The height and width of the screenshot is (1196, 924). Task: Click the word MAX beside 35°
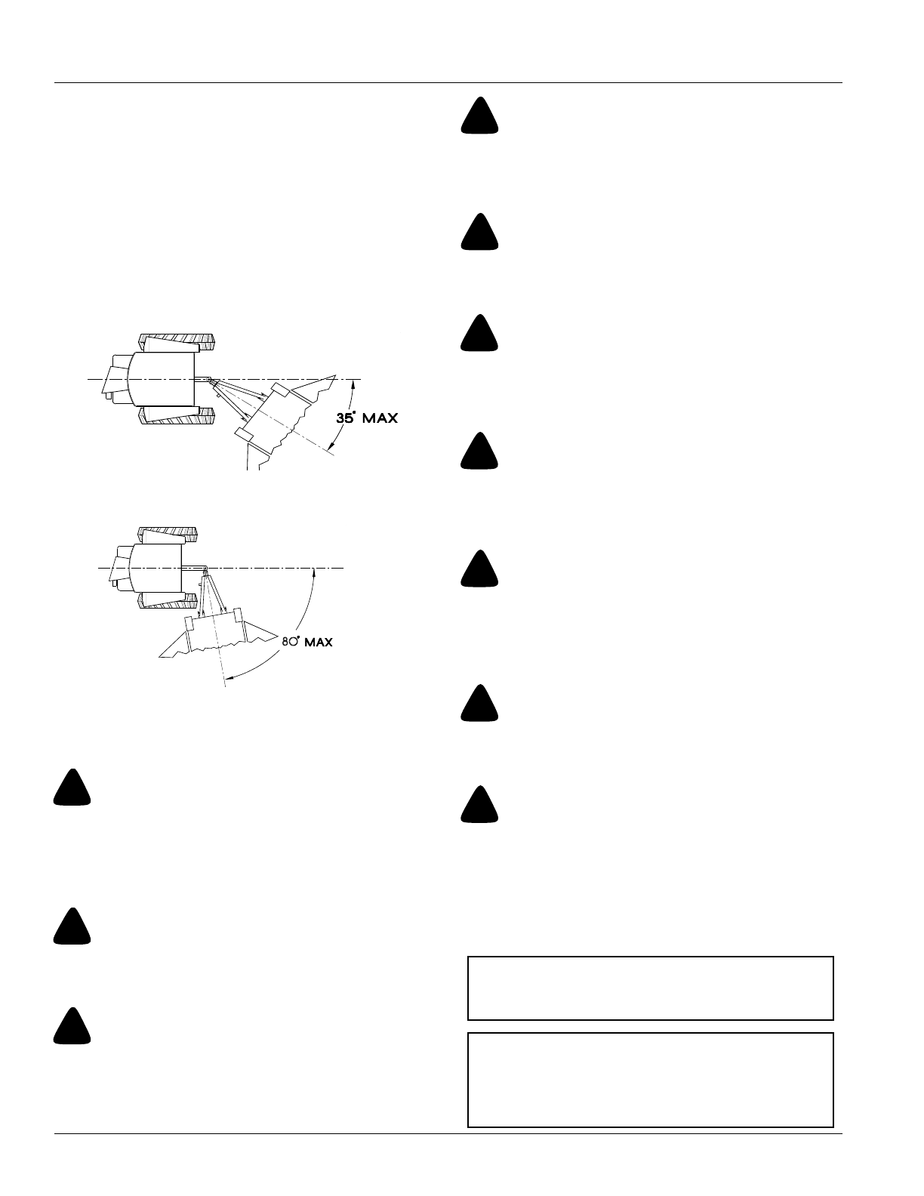(x=380, y=418)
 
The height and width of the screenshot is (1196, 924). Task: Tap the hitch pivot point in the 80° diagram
(x=204, y=569)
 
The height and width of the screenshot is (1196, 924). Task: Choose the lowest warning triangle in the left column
(x=72, y=1026)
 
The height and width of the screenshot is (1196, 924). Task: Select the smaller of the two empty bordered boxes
(x=650, y=988)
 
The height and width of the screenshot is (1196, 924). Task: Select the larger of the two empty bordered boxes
(x=650, y=1080)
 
